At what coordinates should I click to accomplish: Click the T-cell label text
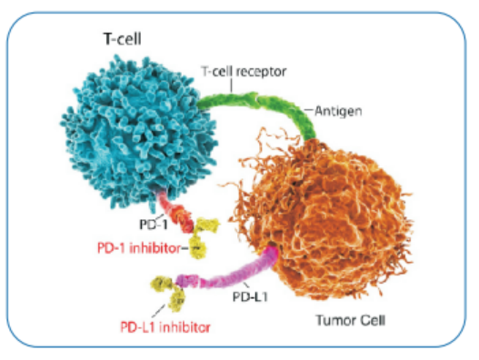pyautogui.click(x=123, y=39)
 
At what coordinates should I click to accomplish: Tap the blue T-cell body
pyautogui.click(x=137, y=132)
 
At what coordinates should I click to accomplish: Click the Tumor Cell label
pyautogui.click(x=351, y=320)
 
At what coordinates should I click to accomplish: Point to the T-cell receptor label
pyautogui.click(x=244, y=72)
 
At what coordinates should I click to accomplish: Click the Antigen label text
pyautogui.click(x=338, y=111)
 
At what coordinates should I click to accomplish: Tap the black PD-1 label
pyautogui.click(x=154, y=225)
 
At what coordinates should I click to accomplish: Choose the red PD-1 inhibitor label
pyautogui.click(x=139, y=248)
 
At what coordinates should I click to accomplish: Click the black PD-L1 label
pyautogui.click(x=250, y=296)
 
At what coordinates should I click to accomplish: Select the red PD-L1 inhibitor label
pyautogui.click(x=165, y=327)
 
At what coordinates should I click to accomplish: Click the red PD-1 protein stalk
pyautogui.click(x=175, y=213)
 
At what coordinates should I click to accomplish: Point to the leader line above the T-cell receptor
pyautogui.click(x=231, y=85)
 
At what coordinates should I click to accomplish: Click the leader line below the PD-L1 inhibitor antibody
pyautogui.click(x=158, y=311)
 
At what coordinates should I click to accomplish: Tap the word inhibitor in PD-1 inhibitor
pyautogui.click(x=155, y=248)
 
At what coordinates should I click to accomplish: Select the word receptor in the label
pyautogui.click(x=261, y=72)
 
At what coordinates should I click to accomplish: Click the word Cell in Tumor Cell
pyautogui.click(x=373, y=320)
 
